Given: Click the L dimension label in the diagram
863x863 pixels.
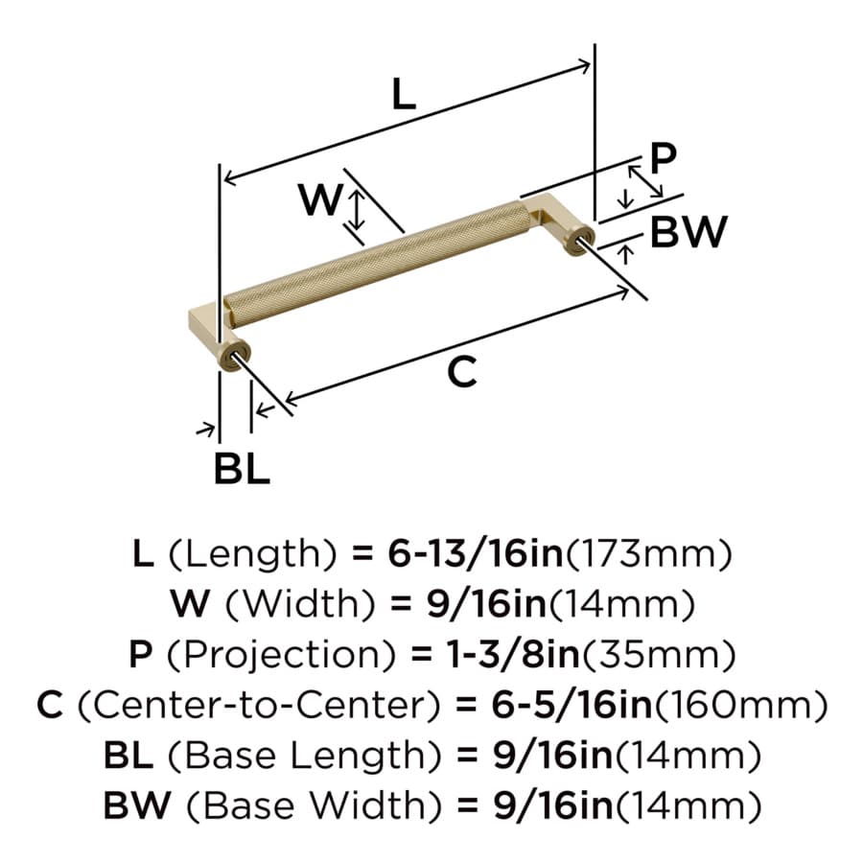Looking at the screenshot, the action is tap(404, 94).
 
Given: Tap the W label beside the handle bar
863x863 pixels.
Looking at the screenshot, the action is tap(321, 199).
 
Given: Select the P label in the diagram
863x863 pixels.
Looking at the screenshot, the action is tap(663, 158).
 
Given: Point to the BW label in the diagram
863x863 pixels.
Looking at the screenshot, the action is tap(688, 231).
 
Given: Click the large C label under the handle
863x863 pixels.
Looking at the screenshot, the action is tap(462, 372).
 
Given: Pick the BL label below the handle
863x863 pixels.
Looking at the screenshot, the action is tap(242, 468).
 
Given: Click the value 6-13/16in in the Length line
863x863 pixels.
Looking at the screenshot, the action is tap(476, 553).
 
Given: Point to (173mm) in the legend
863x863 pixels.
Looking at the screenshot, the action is tap(649, 553).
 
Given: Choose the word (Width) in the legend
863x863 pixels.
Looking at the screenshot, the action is tap(301, 604).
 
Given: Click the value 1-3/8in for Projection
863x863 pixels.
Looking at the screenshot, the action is tap(514, 654).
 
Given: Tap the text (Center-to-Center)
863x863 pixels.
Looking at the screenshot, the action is tap(259, 705).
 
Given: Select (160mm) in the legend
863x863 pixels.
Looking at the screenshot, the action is tap(740, 705).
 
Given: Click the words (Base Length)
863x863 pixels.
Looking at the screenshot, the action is tap(304, 756).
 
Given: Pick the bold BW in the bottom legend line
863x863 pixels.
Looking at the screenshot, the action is tap(137, 805).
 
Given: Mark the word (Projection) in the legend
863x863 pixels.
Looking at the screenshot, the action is tap(281, 655).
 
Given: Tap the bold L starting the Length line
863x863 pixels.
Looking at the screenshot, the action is tap(143, 553).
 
